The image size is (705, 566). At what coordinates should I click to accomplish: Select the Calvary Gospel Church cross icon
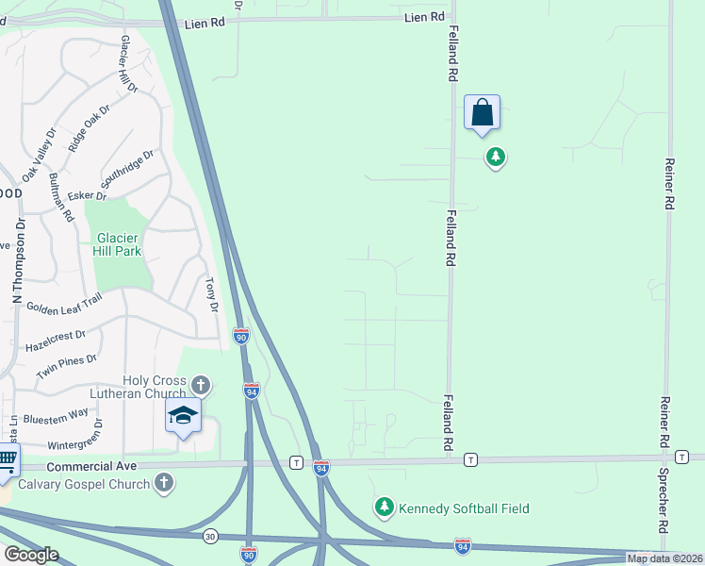coord(164,484)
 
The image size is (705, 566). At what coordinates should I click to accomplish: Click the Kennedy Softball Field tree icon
coord(384,508)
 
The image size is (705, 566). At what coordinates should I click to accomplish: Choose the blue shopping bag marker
coord(482,113)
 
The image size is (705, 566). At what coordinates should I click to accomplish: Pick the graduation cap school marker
coord(183,415)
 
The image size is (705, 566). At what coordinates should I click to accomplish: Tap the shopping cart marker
coord(6,462)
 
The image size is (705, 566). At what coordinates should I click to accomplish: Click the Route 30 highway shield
coord(208,535)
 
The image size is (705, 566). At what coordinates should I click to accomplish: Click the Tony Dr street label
coord(212,295)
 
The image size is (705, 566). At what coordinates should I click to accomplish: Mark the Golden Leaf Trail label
coord(63,306)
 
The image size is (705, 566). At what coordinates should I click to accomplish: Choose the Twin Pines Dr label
coord(66,364)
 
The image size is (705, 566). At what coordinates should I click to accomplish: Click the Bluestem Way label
coord(55,413)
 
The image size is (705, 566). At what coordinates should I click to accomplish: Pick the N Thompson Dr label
coord(17,268)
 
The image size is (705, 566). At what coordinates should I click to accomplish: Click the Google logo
coord(31,554)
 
